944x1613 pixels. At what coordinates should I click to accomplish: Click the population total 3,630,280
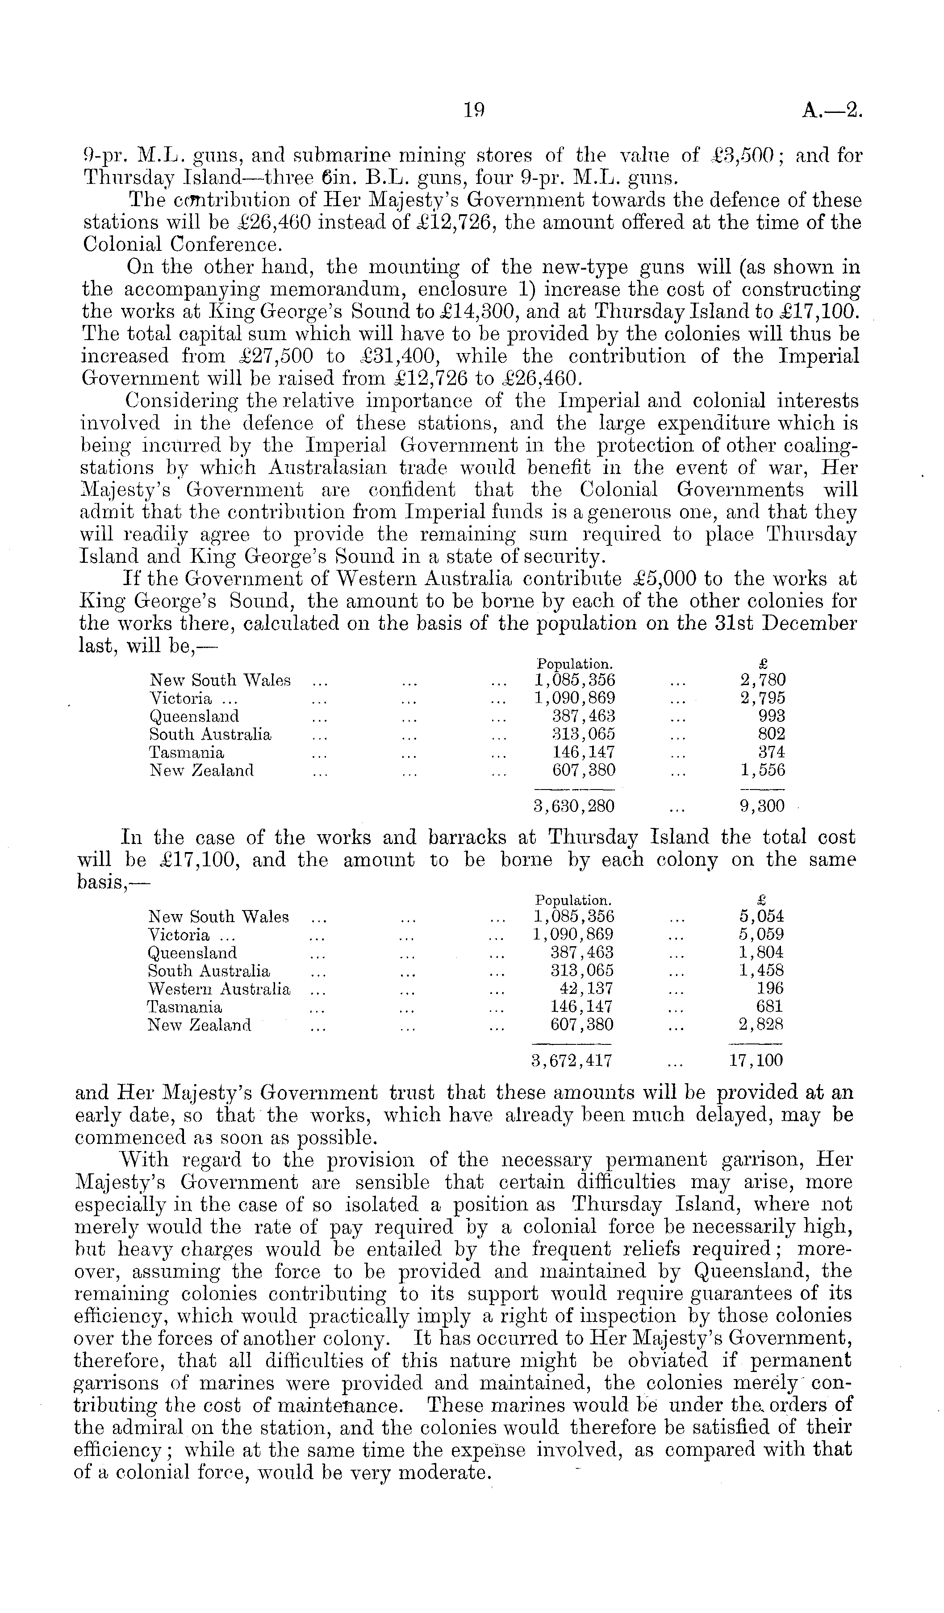click(574, 806)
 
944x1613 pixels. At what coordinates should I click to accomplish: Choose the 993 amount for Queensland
click(772, 716)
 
